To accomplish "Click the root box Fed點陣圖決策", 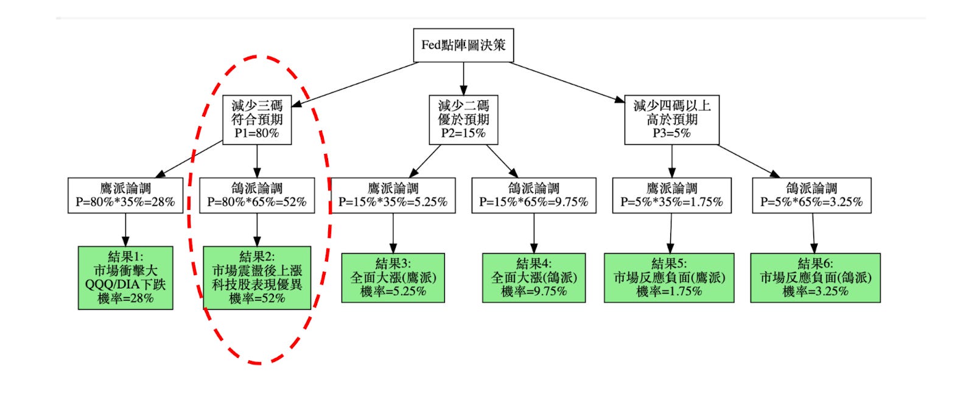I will [x=463, y=45].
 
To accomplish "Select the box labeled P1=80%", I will [x=256, y=120].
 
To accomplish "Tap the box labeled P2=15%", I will [x=463, y=120].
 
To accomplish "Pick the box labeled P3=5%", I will [x=671, y=120].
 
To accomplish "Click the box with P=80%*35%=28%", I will [x=125, y=195].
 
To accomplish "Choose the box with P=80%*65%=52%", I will [x=257, y=195].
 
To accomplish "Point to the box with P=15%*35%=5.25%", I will [x=393, y=195].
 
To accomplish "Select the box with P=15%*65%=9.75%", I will [x=534, y=195].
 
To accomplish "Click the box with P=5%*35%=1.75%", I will [x=671, y=195].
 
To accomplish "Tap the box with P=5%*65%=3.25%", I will [x=811, y=195].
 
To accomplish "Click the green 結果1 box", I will [x=125, y=278].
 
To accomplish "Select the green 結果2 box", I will [x=257, y=278].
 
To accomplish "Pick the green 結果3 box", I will [x=393, y=278].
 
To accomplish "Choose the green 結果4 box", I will [x=534, y=278].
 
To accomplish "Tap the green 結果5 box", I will [x=669, y=278].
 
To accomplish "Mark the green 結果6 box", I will [x=815, y=278].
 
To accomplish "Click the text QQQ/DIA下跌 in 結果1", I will [x=125, y=285].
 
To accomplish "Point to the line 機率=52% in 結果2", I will [x=257, y=299].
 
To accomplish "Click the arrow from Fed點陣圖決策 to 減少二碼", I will [x=463, y=78].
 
